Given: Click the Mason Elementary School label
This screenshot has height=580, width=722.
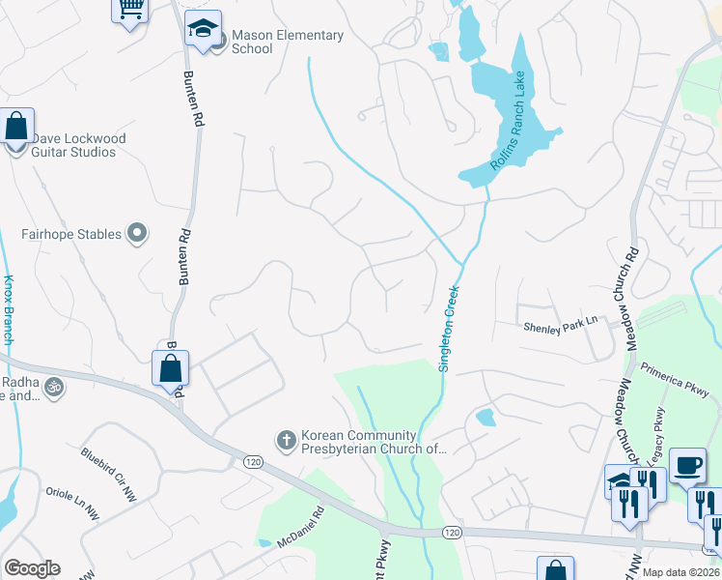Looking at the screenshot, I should point(288,43).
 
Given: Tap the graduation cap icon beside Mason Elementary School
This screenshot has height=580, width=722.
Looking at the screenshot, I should point(203,29).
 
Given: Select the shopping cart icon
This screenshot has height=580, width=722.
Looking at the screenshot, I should point(129,9).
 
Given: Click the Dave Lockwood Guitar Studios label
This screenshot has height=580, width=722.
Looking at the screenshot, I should point(78,145).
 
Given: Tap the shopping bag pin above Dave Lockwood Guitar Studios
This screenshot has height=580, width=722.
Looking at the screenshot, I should point(16,127).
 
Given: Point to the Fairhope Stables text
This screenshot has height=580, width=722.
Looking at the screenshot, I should point(72,234).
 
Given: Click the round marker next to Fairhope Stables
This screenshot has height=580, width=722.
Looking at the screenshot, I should point(137,233).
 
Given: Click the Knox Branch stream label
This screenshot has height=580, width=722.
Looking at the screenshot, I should point(9,309).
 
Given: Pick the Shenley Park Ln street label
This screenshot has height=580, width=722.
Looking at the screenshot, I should point(561,329).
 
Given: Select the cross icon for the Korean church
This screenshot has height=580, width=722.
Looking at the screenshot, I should point(286,441).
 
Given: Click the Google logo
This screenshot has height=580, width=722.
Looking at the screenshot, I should point(32,568).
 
